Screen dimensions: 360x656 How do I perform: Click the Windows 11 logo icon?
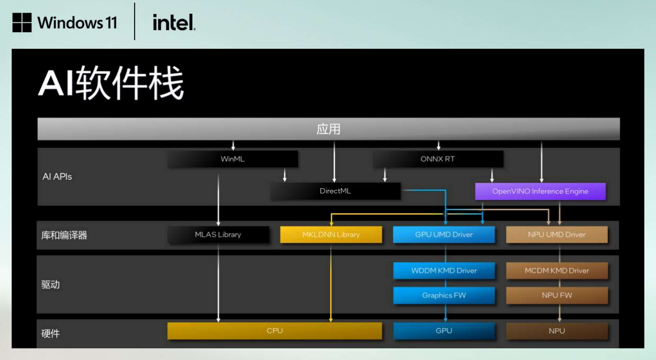coord(22,23)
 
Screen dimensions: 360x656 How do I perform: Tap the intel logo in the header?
coord(174,23)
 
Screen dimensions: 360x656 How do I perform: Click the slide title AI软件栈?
coord(111,84)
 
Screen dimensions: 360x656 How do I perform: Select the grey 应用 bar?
coord(328,129)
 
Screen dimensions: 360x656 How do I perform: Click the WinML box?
coord(232,159)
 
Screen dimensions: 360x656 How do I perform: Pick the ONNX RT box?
coord(438,159)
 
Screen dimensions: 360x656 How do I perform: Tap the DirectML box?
coord(335,191)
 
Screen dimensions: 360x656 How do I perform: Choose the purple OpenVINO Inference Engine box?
coord(540,191)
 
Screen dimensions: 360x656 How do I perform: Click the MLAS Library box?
coord(218,234)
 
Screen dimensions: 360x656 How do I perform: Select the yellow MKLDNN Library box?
coord(331,234)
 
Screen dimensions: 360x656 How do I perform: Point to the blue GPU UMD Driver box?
coord(444,234)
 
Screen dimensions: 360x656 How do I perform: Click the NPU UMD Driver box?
coord(557,234)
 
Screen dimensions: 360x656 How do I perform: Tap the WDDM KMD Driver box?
coord(444,270)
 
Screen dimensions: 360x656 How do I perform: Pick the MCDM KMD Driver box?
coord(557,270)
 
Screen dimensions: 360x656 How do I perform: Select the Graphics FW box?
coord(444,295)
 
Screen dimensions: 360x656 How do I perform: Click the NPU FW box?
coord(557,295)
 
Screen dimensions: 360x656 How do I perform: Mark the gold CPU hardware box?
coord(275,331)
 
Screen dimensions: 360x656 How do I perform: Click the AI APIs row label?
coord(57,177)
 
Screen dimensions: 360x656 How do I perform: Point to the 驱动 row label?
coord(50,285)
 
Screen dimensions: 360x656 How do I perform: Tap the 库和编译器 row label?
coord(64,235)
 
